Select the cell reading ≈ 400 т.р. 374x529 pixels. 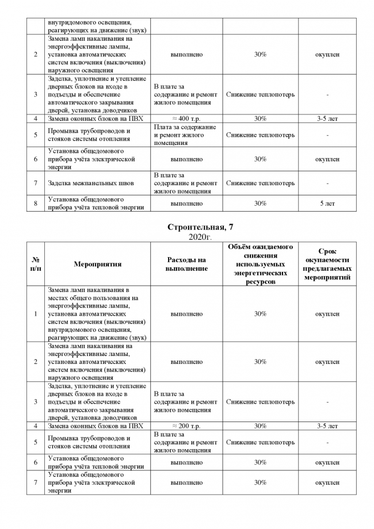186,118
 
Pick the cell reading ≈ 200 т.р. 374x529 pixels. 186,426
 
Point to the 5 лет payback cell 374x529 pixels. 327,204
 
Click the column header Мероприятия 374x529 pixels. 98,264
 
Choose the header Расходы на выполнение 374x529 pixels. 186,264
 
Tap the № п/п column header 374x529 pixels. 36,264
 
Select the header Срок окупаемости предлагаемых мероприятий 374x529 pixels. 327,264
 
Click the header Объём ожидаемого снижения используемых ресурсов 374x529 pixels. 260,264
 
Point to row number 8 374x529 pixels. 36,204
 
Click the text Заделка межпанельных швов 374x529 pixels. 91,183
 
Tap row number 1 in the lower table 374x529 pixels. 36,314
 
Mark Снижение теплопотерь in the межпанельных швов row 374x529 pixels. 260,183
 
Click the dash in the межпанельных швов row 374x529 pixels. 327,183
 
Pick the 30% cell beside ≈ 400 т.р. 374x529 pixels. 260,118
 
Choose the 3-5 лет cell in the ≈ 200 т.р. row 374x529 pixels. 327,426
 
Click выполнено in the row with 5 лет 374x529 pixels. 186,204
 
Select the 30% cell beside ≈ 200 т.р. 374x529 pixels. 260,426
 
